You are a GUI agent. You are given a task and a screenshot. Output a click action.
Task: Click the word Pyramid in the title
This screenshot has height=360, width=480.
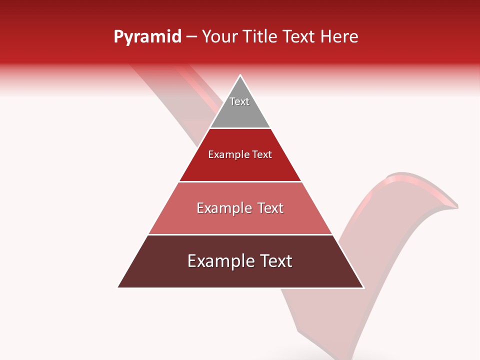pos(147,37)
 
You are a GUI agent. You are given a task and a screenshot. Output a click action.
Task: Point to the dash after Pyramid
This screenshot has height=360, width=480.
pos(191,37)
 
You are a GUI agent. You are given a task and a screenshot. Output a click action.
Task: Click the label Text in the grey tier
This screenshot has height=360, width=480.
pos(239,101)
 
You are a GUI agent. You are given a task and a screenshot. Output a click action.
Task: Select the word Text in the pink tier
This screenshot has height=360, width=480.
pos(270,208)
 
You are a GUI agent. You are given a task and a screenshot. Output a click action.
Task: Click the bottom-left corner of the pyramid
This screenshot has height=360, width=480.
pos(118,287)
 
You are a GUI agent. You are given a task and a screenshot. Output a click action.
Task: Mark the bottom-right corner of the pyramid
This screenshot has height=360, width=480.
pos(363,287)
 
